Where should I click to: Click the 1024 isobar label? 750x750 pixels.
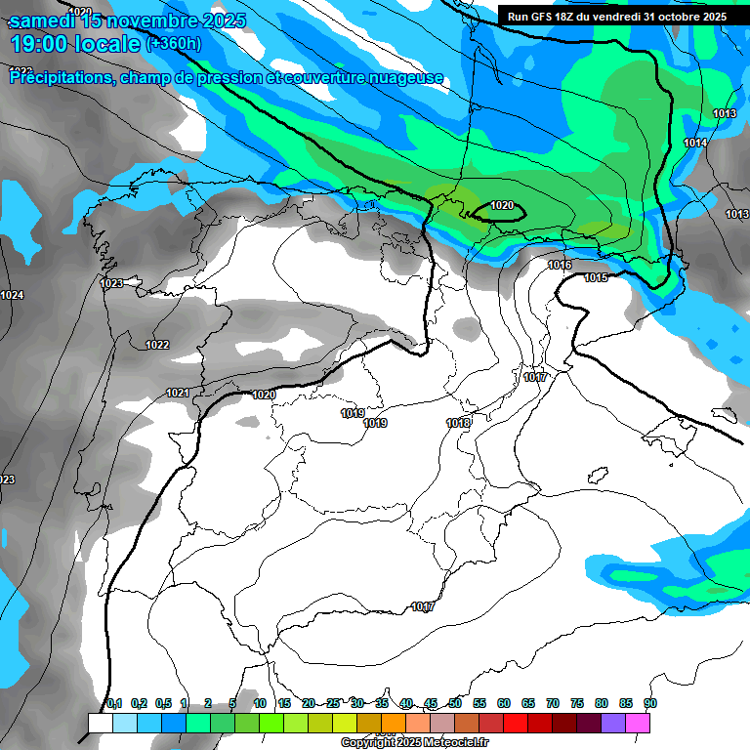pos(12,295)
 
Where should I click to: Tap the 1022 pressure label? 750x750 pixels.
pos(156,345)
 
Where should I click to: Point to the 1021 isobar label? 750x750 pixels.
pos(178,393)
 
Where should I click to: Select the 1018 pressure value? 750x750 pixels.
pos(458,423)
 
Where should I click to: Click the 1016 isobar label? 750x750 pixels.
pos(560,266)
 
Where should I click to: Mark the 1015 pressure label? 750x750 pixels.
pos(596,278)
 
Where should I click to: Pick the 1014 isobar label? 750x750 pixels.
pos(695,144)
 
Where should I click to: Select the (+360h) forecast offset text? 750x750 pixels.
pos(174,44)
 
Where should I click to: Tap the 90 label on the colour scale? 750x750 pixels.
pos(649,703)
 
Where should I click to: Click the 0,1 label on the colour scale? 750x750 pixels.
pos(114,703)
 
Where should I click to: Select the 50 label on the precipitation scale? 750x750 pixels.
pos(455,703)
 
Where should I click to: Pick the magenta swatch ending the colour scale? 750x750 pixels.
pos(638,723)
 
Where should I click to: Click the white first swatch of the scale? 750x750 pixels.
pos(100,723)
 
